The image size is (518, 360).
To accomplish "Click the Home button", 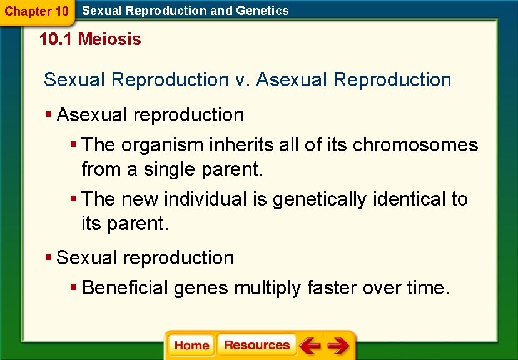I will tap(191, 346).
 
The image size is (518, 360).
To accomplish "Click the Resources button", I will tap(256, 346).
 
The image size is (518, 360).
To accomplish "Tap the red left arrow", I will tap(310, 346).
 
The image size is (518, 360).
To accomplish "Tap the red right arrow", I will tap(338, 346).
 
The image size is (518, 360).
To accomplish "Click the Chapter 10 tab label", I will tap(36, 11).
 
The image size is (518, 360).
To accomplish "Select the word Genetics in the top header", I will tap(264, 11).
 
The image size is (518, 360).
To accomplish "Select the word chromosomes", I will tap(415, 145).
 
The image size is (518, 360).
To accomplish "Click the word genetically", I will tap(320, 199).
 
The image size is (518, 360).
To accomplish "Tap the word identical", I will tap(409, 199).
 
